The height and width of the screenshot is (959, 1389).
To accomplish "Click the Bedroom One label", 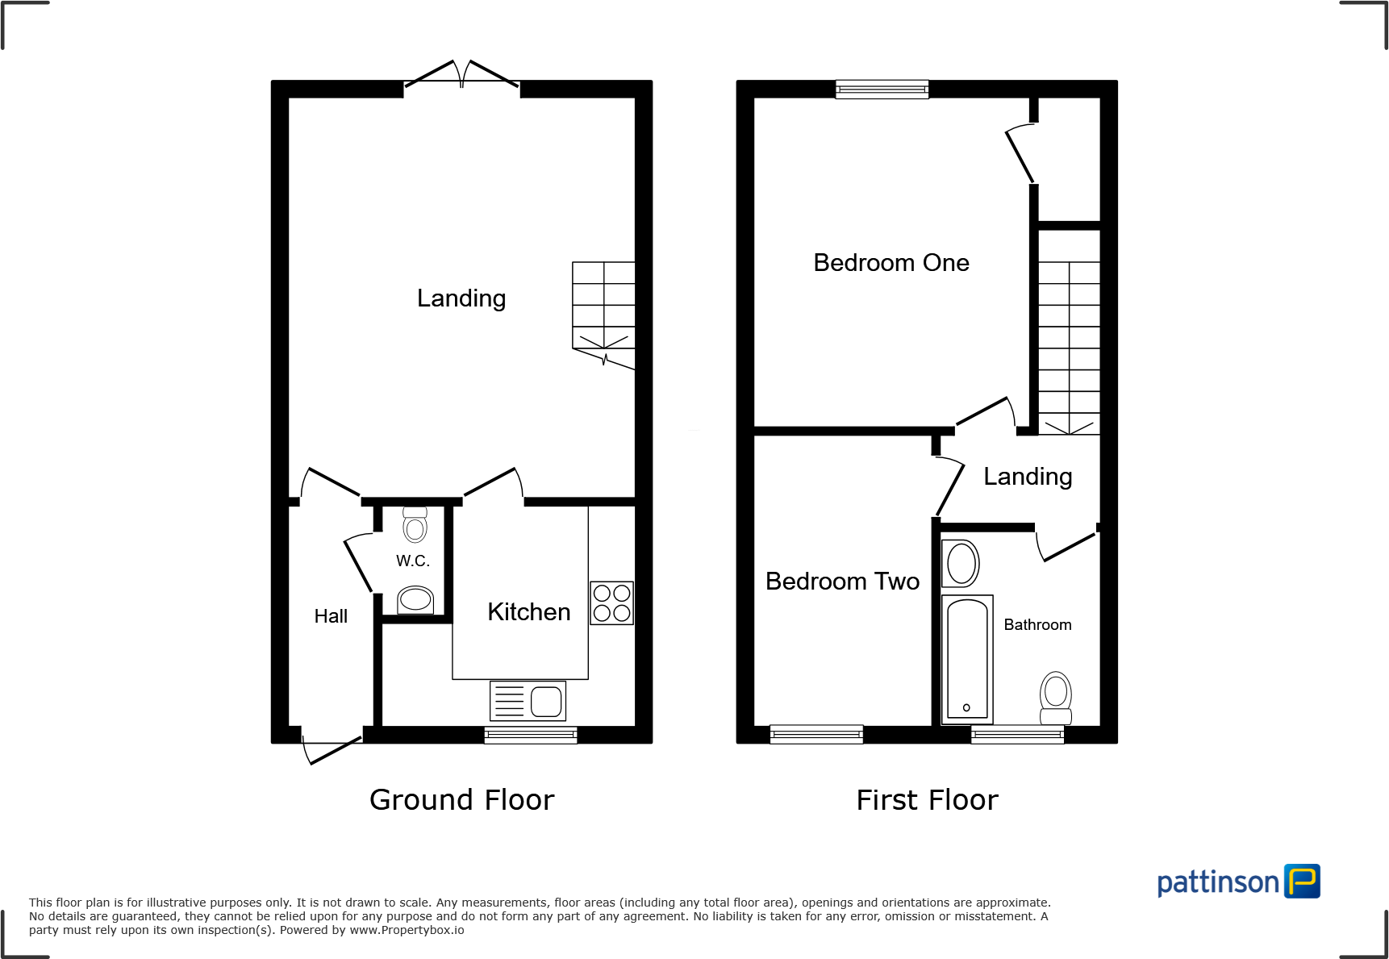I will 891,263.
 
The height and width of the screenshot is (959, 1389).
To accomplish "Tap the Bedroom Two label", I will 842,582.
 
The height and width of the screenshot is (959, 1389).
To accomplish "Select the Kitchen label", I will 528,612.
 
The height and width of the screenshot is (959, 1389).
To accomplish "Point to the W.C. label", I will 412,561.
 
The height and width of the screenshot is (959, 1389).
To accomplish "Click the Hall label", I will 331,616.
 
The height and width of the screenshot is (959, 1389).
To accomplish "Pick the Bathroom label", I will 1037,625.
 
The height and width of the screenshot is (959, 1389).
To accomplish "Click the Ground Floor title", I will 461,800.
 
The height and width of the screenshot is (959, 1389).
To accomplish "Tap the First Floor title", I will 927,800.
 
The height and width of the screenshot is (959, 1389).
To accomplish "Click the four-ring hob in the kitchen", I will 611,603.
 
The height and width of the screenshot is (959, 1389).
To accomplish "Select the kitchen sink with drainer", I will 528,700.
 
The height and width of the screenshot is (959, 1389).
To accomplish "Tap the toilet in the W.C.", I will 415,525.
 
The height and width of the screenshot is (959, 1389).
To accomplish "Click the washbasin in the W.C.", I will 415,599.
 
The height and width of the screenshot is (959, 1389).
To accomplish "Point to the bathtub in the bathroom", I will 966,659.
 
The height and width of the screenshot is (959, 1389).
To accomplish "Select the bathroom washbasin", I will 961,563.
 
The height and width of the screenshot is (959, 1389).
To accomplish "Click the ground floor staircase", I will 603,311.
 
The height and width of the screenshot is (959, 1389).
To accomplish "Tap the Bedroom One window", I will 882,89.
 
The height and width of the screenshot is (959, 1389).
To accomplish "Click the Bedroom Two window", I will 816,734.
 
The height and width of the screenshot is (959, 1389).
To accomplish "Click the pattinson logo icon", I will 1302,881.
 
